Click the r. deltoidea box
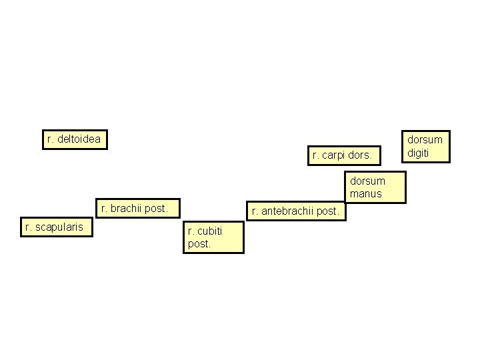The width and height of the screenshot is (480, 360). coord(74,139)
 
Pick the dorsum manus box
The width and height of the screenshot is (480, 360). coord(375,187)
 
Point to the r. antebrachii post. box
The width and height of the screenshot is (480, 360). coord(296,212)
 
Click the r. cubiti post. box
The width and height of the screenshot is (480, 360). coord(213,237)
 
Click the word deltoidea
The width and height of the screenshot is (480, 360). coord(79,139)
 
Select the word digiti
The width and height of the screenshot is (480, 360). coord(418,153)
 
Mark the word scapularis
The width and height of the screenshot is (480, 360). coord(60,227)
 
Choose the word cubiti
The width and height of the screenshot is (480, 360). coord(209,231)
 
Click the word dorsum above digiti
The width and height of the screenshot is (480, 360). coord(425,140)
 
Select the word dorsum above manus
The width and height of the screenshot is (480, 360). coord(368,181)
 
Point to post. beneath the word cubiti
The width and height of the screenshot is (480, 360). coord(199,244)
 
